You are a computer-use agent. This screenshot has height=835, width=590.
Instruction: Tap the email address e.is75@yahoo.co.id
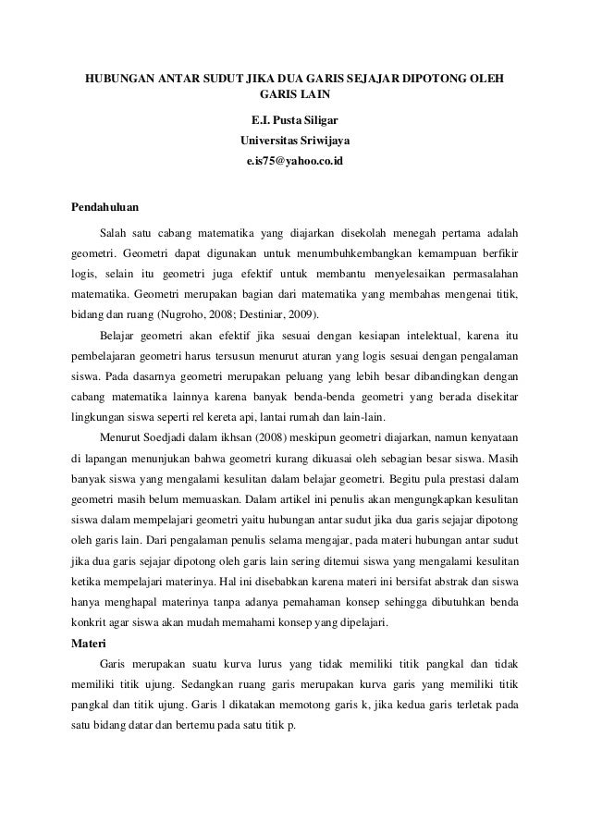[x=295, y=161]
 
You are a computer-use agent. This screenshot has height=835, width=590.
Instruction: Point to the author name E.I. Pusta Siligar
[x=295, y=120]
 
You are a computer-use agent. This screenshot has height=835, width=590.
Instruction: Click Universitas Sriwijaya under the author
[x=295, y=141]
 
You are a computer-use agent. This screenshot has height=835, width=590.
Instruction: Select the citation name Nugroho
[x=185, y=314]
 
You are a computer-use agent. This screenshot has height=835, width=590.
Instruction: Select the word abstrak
[x=446, y=583]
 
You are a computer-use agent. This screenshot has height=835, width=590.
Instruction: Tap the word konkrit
[x=86, y=624]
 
